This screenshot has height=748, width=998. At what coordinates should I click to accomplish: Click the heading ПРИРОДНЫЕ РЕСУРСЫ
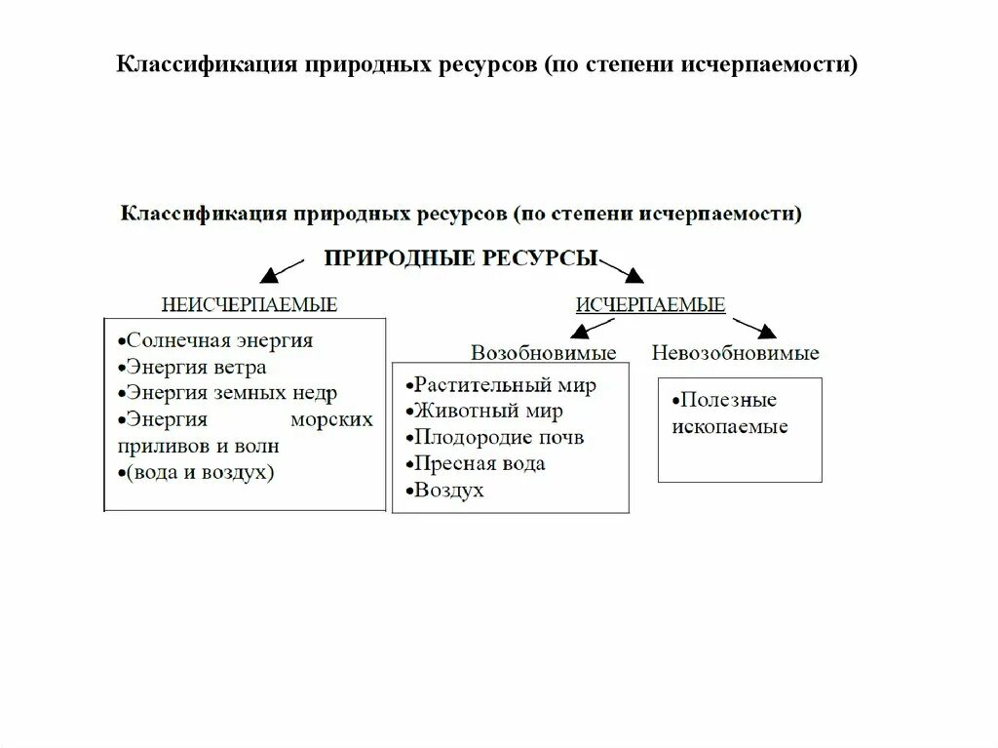pos(460,259)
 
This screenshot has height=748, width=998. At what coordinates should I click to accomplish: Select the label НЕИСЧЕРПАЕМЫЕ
pos(249,304)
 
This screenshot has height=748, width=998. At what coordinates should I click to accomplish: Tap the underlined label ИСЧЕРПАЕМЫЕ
pos(650,304)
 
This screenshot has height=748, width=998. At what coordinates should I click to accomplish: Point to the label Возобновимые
pos(544,352)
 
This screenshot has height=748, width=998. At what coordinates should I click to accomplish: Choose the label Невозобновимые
pos(736,352)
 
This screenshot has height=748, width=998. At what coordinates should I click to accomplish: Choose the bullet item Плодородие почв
pos(497,437)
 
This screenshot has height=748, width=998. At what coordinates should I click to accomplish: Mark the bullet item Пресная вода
pos(478,463)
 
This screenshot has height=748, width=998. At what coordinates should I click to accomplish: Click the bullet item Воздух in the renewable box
pos(447,491)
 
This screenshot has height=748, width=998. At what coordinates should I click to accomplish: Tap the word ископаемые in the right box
pos(729,426)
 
